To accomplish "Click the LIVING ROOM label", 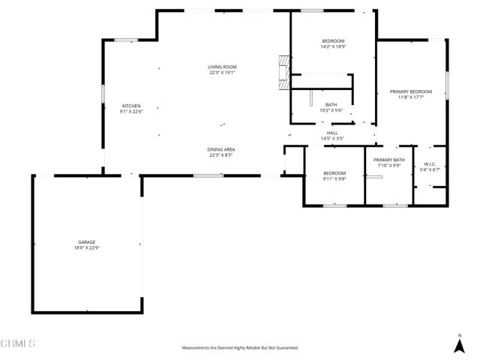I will tap(222, 67).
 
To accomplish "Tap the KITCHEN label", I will tap(131, 106).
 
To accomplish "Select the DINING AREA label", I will tap(222, 149).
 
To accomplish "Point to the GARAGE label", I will tap(86, 241).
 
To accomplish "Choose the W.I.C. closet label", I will tap(430, 164).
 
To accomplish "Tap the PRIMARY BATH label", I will tap(389, 160).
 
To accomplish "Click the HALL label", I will tap(332, 133).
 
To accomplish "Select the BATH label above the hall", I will tap(331, 104).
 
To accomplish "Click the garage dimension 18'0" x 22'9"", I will tap(86, 247).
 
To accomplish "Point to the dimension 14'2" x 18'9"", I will tap(333, 46).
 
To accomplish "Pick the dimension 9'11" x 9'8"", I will tap(334, 178).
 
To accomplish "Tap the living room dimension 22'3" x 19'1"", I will tap(222, 73).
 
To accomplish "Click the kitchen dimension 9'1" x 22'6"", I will tap(131, 112).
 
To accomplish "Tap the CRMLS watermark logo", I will tap(18, 343).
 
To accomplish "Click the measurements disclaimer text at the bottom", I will tap(240, 348).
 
